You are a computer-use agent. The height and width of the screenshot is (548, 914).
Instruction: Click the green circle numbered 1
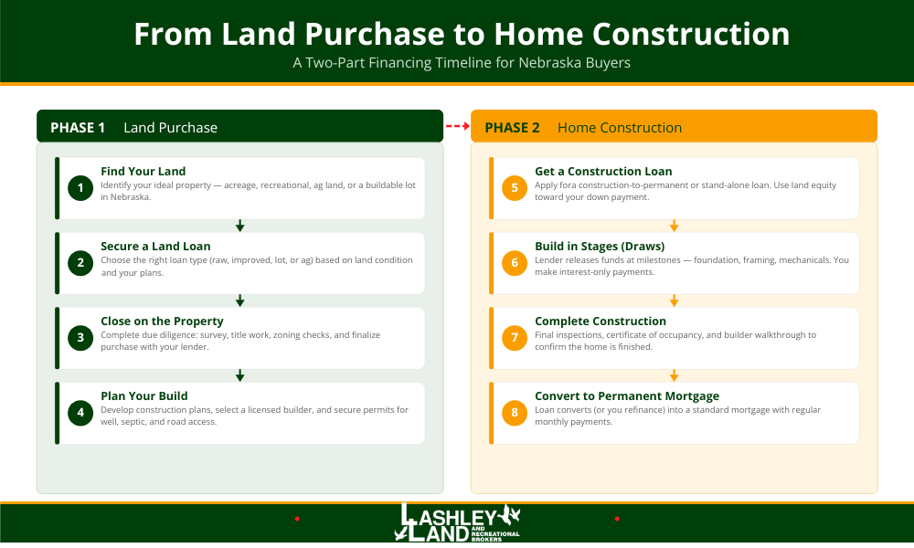tap(80, 188)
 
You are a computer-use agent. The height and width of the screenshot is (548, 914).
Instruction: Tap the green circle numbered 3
tap(80, 338)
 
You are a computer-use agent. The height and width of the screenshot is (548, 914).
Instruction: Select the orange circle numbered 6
tap(515, 263)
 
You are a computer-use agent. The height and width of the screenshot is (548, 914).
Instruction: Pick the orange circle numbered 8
tap(515, 413)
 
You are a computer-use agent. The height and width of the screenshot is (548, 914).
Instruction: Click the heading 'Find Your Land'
tap(143, 171)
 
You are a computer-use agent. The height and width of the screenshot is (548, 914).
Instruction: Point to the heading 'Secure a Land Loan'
tap(155, 246)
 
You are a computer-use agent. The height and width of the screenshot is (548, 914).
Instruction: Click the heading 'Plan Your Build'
tap(143, 395)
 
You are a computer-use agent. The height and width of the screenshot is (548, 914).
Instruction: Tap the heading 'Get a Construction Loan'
tap(603, 171)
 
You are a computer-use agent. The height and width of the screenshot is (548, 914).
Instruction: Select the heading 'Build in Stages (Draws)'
tap(600, 246)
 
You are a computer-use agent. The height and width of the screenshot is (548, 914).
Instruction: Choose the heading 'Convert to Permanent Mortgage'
tap(627, 395)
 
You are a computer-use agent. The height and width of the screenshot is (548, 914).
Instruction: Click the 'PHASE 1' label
tap(78, 127)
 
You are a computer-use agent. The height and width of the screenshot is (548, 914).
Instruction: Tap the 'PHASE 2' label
tap(512, 127)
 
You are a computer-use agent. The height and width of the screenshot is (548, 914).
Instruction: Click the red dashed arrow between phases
tap(457, 126)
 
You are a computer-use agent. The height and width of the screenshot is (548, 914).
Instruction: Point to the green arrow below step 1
tap(239, 226)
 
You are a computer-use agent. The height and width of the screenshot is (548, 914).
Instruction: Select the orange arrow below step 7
tap(674, 375)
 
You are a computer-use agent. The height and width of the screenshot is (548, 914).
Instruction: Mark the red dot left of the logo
tap(297, 519)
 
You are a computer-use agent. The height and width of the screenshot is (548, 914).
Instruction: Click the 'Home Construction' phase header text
tap(620, 127)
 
